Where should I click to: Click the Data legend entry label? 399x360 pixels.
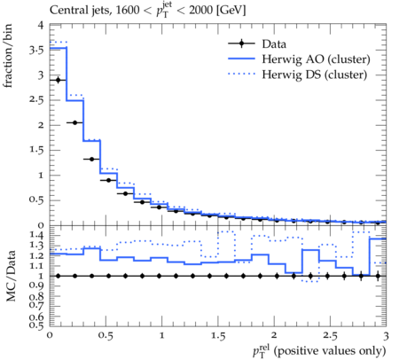click(x=274, y=44)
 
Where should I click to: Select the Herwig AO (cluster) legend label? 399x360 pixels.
click(x=316, y=59)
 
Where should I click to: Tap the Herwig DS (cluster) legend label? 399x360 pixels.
click(x=315, y=74)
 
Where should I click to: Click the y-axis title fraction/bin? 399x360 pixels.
click(x=7, y=55)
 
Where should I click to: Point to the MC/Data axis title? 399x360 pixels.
click(x=11, y=276)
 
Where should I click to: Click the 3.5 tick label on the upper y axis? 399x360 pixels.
click(x=36, y=51)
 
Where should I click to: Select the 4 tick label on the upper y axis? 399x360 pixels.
click(x=41, y=26)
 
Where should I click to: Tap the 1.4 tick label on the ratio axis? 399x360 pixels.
click(x=36, y=235)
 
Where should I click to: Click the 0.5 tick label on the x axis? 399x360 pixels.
click(x=106, y=336)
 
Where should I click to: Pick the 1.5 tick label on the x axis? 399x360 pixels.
click(x=218, y=336)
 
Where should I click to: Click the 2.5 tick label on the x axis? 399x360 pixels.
click(x=330, y=336)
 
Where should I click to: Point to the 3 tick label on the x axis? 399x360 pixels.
click(x=386, y=336)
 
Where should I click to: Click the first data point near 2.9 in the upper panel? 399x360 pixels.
click(x=58, y=80)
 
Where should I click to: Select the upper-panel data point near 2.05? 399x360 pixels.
click(x=74, y=122)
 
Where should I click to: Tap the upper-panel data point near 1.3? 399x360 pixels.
click(x=91, y=159)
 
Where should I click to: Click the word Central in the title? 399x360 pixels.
click(x=65, y=11)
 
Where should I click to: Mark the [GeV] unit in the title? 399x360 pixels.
click(x=231, y=11)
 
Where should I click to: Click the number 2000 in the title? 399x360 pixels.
click(x=200, y=11)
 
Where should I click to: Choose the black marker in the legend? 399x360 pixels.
click(x=241, y=43)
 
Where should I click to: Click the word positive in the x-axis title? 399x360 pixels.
click(x=297, y=351)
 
